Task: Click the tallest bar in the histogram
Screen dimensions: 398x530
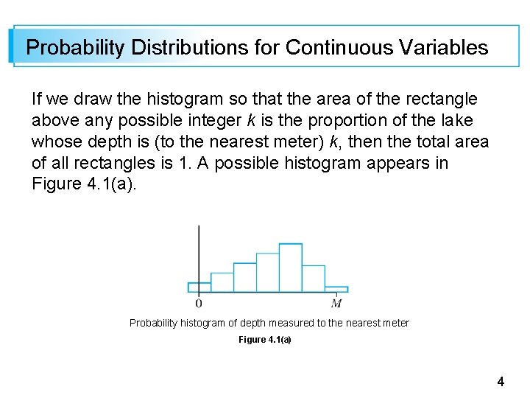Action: (291, 268)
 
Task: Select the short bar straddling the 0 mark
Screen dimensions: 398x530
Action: (199, 287)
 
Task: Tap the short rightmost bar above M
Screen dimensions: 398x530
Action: (336, 289)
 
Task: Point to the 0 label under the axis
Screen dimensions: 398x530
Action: (199, 303)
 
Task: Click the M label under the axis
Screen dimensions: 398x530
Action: (336, 303)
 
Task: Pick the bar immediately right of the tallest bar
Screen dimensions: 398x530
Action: (314, 279)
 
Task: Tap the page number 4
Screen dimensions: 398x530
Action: (501, 382)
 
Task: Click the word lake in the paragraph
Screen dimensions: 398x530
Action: (454, 120)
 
